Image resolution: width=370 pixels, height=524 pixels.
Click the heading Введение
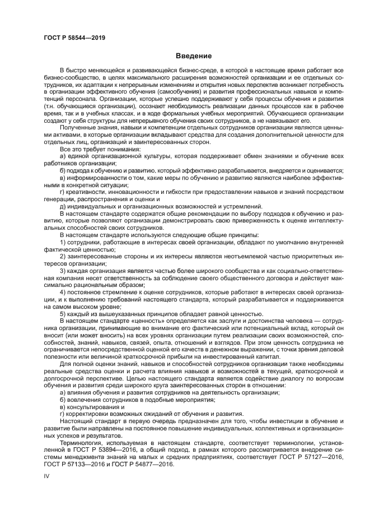193,56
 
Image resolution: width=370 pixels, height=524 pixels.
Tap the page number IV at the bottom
46,475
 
